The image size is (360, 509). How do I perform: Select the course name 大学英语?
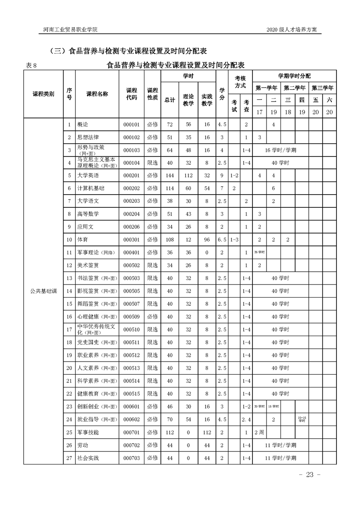88,175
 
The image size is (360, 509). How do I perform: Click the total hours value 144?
170,175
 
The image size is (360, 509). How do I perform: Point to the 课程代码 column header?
131,94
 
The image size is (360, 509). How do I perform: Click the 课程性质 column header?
153,94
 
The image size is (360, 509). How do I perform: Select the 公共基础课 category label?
44,291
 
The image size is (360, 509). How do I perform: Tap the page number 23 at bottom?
310,475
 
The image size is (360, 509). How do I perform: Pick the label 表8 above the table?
35,65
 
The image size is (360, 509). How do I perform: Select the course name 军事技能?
88,432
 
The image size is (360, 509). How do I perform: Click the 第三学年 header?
322,88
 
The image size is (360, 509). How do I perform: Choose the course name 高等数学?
88,214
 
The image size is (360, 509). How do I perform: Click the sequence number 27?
69,458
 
